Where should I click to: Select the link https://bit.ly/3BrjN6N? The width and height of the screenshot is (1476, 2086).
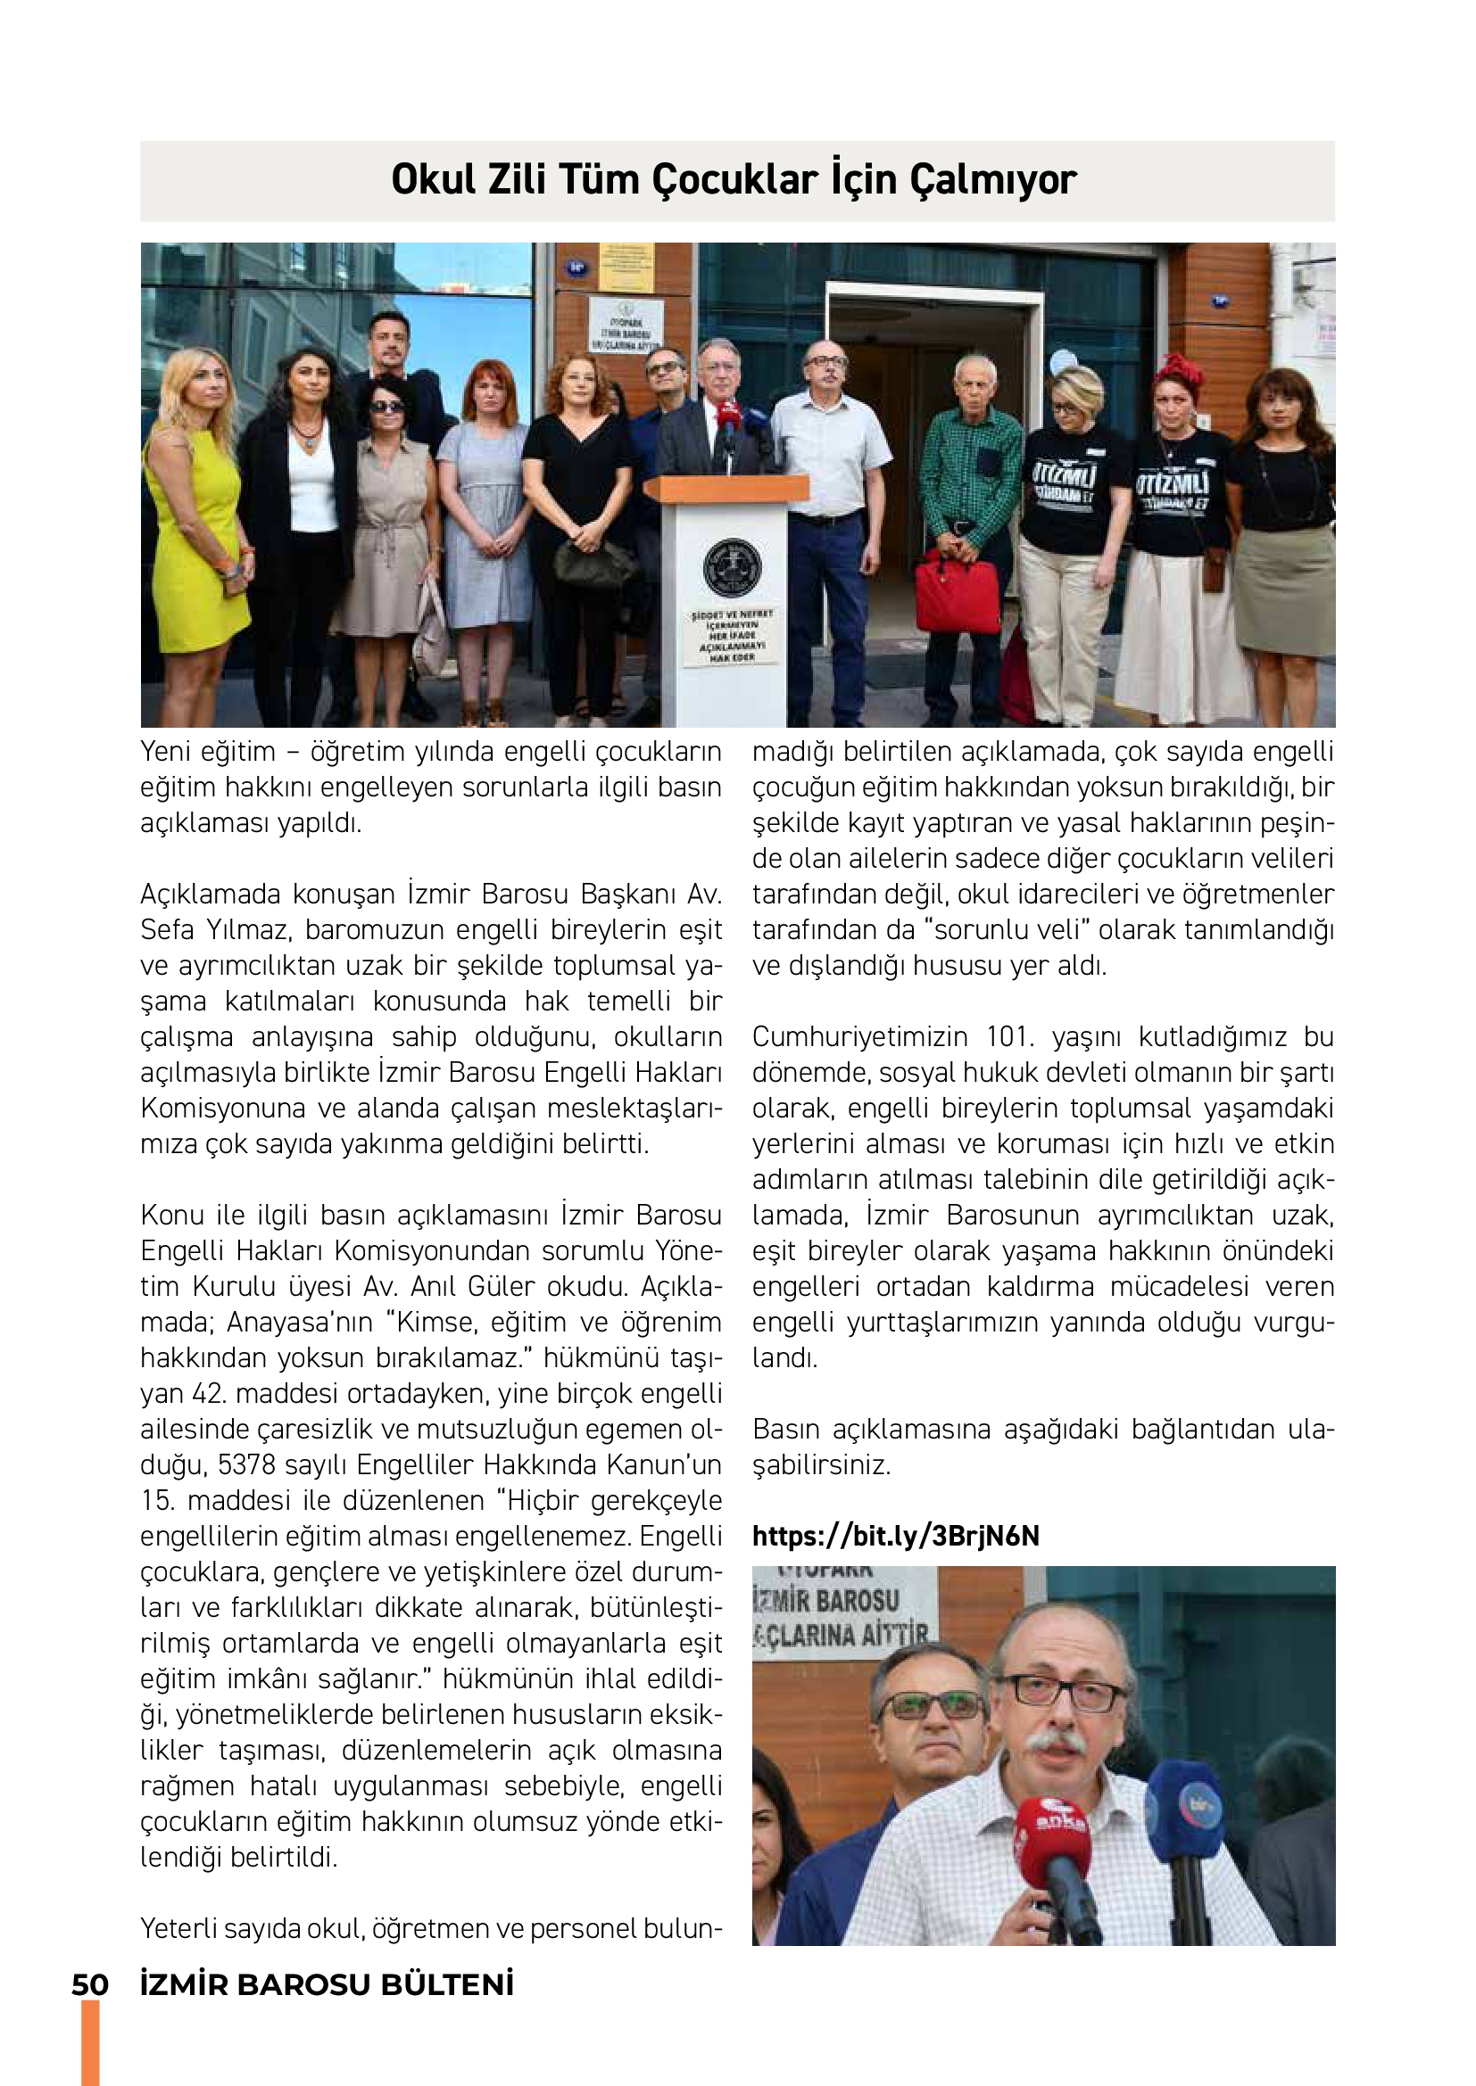click(x=895, y=1536)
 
